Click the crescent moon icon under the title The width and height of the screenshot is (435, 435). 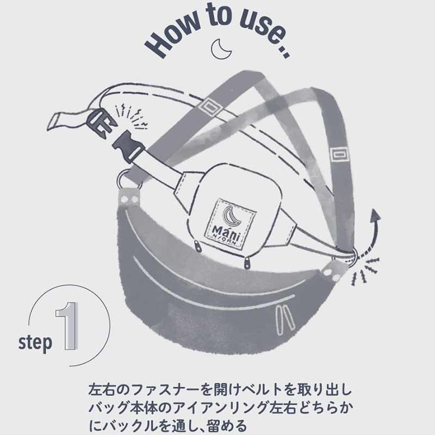tap(221, 49)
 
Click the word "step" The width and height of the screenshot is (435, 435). tap(35, 343)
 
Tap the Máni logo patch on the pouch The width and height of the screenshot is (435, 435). tap(229, 224)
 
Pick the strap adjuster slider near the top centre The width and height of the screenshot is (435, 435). tap(208, 106)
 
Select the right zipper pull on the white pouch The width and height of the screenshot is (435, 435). tap(247, 263)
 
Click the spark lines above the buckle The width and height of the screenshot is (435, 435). tap(130, 116)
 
